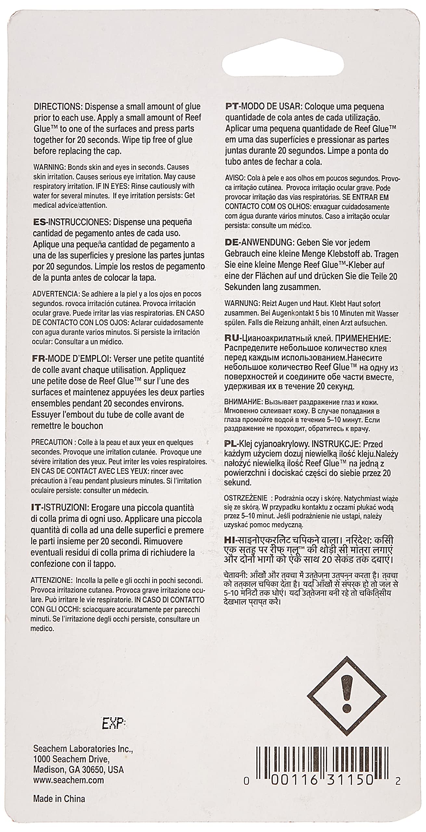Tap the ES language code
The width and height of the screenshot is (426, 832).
click(x=39, y=222)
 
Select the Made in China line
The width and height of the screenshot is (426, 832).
click(x=59, y=805)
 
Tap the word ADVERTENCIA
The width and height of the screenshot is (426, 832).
click(x=54, y=294)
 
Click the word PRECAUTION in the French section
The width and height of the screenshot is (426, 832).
click(x=52, y=442)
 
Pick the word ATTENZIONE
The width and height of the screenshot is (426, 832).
click(x=51, y=580)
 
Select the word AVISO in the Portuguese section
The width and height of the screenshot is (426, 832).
click(x=235, y=178)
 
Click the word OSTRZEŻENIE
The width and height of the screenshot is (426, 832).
click(x=246, y=499)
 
